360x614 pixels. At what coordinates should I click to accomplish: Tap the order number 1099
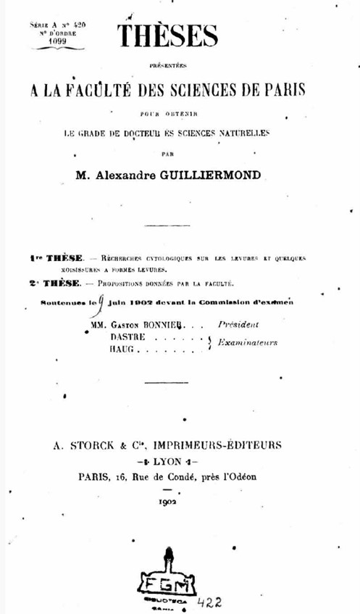(x=57, y=41)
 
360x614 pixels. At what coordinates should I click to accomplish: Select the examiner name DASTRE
(x=128, y=338)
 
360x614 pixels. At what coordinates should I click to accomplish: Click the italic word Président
(x=238, y=325)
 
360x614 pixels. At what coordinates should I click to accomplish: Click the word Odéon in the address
(x=240, y=477)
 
